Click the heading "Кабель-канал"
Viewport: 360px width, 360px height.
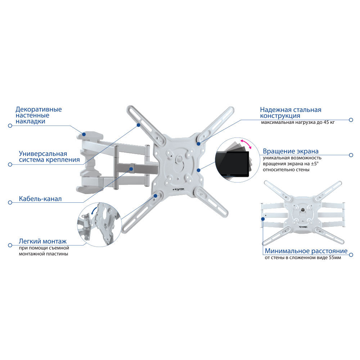click(x=40, y=199)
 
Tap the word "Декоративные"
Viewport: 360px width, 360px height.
click(x=39, y=109)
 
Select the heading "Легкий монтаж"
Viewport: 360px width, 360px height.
click(x=42, y=241)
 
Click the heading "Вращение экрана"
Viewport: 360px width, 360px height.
click(x=291, y=151)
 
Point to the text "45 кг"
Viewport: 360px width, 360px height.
click(x=329, y=122)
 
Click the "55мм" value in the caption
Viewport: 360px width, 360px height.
click(x=335, y=258)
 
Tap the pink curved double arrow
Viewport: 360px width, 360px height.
click(x=246, y=144)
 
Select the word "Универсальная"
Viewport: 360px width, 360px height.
click(x=43, y=154)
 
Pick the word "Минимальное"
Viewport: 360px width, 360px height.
click(x=286, y=251)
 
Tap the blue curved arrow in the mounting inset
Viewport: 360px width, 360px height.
click(x=94, y=211)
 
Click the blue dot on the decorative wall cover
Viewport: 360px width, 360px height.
click(x=84, y=134)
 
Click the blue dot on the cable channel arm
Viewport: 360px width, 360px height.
click(x=131, y=169)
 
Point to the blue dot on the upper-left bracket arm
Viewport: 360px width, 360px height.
click(x=139, y=125)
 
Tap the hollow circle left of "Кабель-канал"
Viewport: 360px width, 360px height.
click(x=10, y=202)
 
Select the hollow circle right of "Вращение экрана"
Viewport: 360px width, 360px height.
click(x=351, y=155)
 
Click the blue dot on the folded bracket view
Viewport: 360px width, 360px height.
click(x=263, y=219)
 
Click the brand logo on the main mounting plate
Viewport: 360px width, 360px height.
click(x=179, y=190)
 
